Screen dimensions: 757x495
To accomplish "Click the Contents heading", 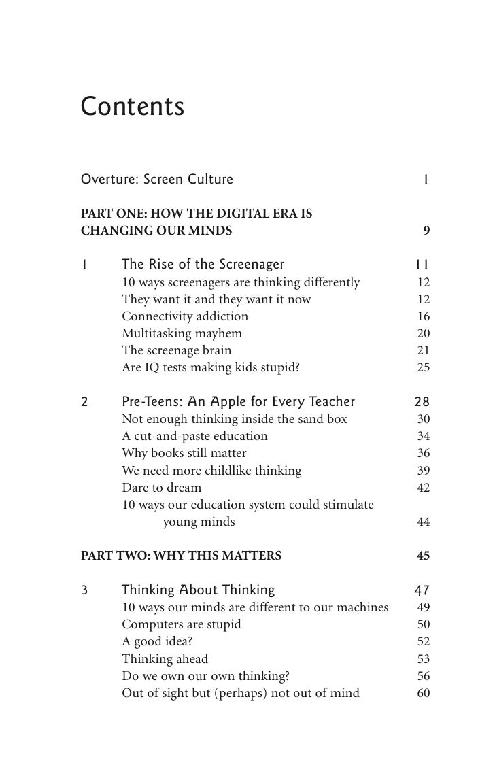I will coord(132,106).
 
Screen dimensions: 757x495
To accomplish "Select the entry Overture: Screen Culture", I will coord(156,180).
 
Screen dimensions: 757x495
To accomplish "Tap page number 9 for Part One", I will coord(426,231).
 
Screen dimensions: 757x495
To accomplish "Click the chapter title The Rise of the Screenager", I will coord(203,264).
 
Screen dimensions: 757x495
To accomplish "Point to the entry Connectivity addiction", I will coord(185,316).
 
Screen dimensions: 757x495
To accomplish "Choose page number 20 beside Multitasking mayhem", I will coord(423,333).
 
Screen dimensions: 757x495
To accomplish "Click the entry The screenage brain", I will coord(176,350).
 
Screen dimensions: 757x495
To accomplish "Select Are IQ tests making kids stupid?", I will coord(210,367).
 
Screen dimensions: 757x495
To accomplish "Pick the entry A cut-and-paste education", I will coord(194,436).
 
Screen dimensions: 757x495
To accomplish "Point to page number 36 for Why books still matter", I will coord(423,453).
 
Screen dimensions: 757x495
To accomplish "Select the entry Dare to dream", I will coord(161,488).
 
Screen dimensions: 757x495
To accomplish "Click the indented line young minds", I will coord(199,522).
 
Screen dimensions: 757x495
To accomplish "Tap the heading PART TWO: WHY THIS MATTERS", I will coord(181,556).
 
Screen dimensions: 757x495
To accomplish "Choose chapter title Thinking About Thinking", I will coord(198,590).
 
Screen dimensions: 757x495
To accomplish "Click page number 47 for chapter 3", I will coord(422,590).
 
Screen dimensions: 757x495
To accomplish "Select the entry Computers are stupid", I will coord(181,624).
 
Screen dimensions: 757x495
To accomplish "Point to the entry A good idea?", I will coord(158,641).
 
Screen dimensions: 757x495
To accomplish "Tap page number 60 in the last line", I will coord(423,694).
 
